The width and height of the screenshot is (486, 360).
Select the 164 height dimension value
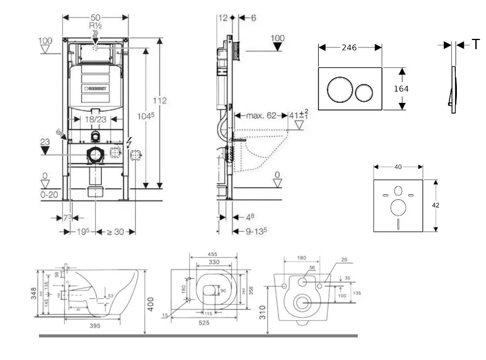(x=401, y=89)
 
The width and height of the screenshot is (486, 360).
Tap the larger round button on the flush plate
(x=337, y=90)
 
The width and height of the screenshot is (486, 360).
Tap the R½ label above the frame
(x=95, y=26)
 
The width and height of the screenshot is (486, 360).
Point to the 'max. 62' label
(x=262, y=115)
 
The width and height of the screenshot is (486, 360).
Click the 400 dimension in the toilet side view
(x=151, y=302)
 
